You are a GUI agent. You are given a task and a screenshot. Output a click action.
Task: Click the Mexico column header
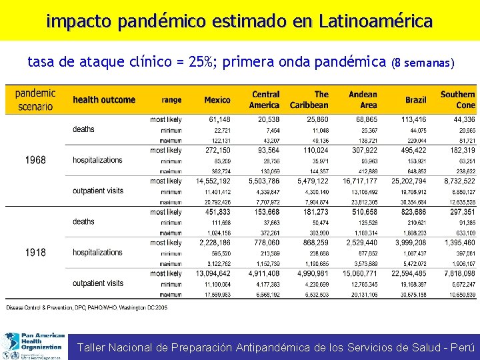[x=217, y=100]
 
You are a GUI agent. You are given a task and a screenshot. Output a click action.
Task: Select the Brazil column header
[x=415, y=100]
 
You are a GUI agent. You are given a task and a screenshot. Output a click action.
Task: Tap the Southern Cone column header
[x=457, y=100]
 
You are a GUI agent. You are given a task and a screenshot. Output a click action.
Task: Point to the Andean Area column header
[x=363, y=100]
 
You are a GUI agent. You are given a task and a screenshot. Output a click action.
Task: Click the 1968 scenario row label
[x=35, y=160]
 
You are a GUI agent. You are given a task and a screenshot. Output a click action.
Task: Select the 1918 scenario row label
[x=35, y=253]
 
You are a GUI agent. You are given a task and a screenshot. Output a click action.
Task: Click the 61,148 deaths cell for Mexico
[x=219, y=119]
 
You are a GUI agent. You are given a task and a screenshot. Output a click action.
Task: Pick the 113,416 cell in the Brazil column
[x=414, y=119]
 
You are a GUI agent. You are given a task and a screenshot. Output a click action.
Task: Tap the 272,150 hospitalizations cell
[x=217, y=151]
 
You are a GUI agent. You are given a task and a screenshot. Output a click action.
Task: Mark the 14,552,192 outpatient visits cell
[x=213, y=181]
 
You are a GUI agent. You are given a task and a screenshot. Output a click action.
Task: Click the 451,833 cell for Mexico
[x=217, y=212]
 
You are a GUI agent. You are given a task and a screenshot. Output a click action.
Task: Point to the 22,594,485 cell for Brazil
[x=409, y=273]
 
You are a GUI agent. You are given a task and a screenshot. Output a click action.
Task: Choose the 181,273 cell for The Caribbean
[x=315, y=212]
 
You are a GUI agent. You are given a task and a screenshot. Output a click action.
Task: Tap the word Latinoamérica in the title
[x=375, y=21]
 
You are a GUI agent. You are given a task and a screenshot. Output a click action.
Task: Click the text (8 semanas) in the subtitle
[x=424, y=64]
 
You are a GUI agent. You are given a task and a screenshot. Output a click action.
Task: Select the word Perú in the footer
[x=463, y=347]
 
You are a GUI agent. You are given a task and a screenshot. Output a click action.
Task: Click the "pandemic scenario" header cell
[x=35, y=100]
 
